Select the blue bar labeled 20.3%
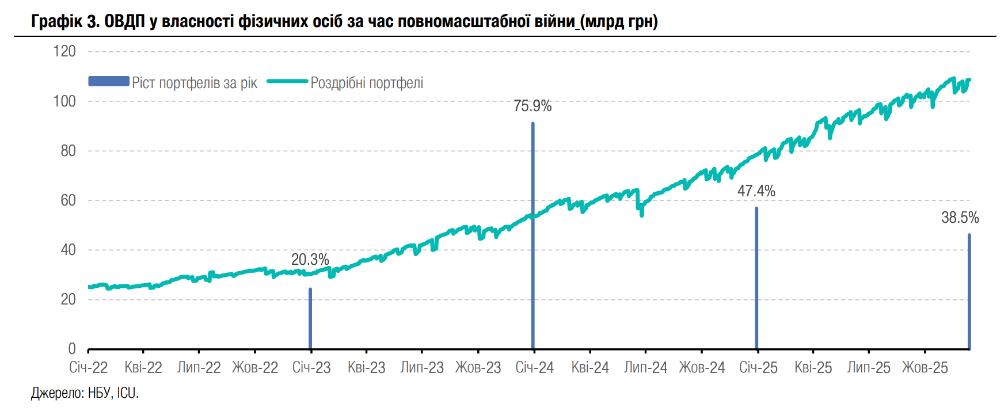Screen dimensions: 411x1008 coord(310,319)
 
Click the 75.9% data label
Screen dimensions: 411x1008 coord(532,106)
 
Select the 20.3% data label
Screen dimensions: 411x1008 coord(310,260)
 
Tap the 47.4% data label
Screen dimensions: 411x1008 coord(756,191)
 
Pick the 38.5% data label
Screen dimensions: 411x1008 coord(960,218)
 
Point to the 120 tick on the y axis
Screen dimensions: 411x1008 coord(64,51)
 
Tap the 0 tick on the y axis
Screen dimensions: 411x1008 coord(72,349)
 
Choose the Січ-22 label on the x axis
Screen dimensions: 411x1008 coord(88,368)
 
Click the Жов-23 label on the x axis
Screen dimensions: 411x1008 coord(478,368)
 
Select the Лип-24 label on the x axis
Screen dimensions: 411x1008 coord(645,368)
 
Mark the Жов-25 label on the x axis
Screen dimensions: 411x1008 coord(925,368)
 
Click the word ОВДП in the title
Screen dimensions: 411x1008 coord(124,22)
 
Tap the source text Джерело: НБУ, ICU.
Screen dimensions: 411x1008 coord(85,393)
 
